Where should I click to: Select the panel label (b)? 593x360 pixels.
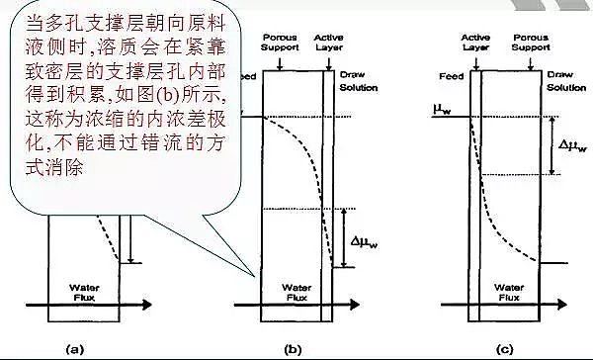[x=294, y=348]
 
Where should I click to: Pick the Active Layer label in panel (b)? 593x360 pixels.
[x=328, y=43]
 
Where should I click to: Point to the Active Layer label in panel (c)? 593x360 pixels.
[x=475, y=43]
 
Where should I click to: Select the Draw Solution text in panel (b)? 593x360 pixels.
[x=352, y=79]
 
